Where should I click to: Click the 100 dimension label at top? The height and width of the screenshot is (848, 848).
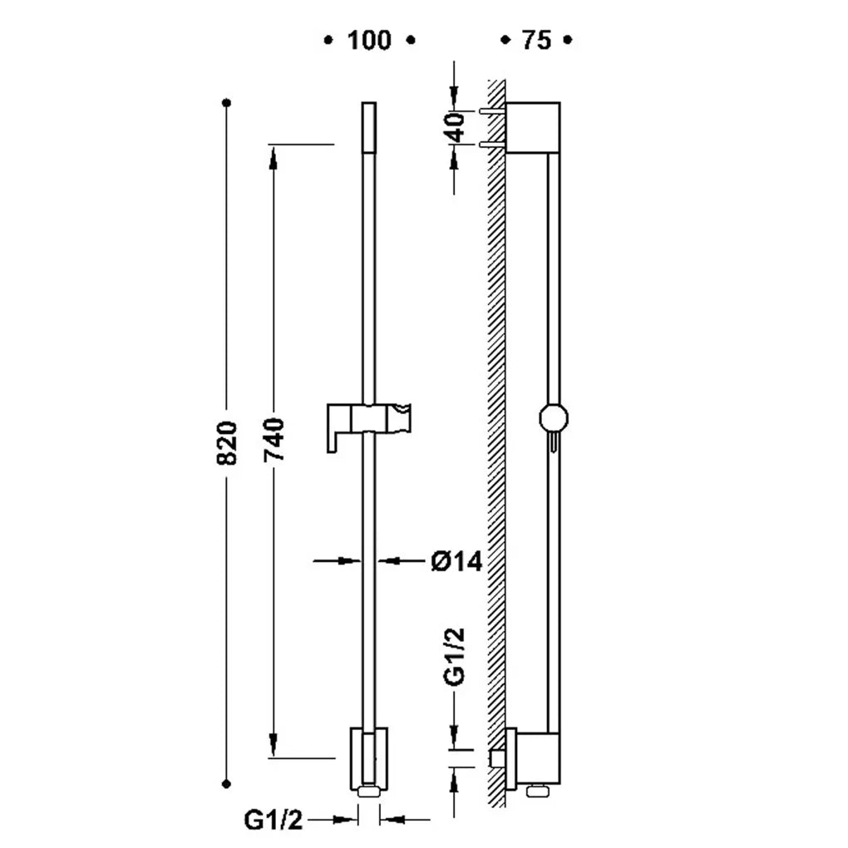(369, 41)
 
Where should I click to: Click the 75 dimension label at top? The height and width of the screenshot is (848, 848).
(536, 41)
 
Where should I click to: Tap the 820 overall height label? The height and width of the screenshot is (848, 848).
(227, 443)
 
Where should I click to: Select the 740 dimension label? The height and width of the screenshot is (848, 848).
(274, 440)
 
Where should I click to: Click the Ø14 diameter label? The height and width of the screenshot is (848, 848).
(456, 561)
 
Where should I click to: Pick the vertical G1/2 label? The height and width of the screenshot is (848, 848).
(454, 657)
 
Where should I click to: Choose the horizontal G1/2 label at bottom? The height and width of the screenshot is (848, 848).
(274, 820)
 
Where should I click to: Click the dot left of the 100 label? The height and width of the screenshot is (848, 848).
(328, 40)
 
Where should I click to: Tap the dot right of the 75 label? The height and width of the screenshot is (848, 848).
(567, 40)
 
